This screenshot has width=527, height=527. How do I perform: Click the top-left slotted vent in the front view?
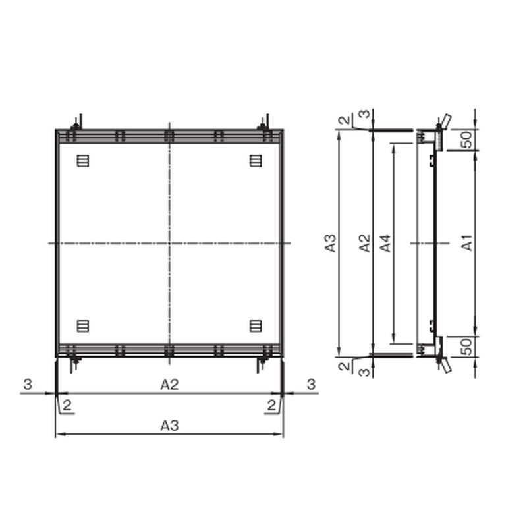83,161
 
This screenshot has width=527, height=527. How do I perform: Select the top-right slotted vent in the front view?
256,161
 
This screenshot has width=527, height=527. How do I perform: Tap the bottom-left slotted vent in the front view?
83,326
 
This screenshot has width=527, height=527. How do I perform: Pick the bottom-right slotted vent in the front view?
256,326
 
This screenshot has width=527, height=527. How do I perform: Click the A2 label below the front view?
169,385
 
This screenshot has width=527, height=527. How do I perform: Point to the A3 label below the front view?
169,426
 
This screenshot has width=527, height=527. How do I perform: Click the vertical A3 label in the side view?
331,243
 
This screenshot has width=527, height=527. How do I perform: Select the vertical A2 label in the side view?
365,243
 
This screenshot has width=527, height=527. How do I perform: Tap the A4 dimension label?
385,243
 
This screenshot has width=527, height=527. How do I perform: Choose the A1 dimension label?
467,243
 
